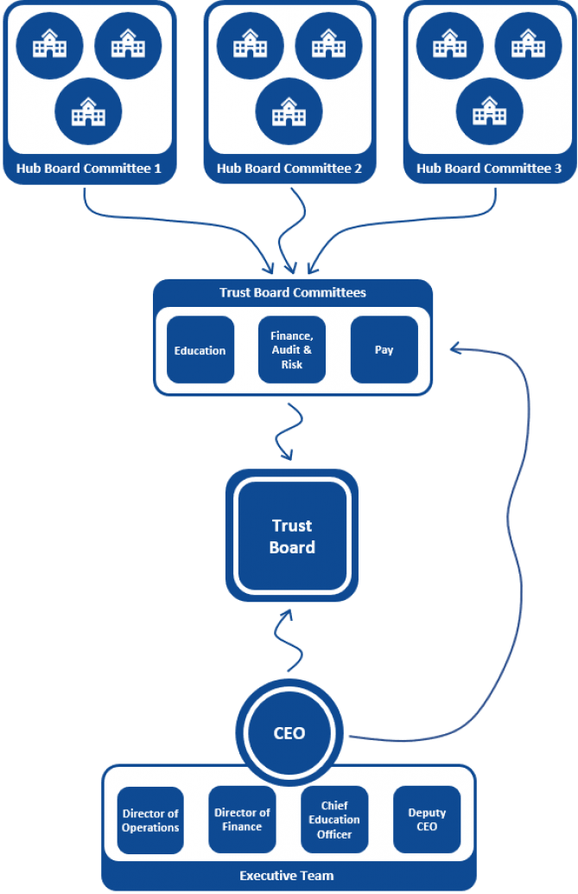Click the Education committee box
200,350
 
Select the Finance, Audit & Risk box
292,350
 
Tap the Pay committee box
384,350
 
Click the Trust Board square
292,536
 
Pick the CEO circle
289,733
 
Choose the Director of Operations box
150,821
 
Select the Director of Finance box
242,820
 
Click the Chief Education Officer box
334,820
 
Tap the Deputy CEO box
427,820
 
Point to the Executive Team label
288,876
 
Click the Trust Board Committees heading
292,292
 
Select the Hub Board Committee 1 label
89,169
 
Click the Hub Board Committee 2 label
289,169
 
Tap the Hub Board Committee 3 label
489,169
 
